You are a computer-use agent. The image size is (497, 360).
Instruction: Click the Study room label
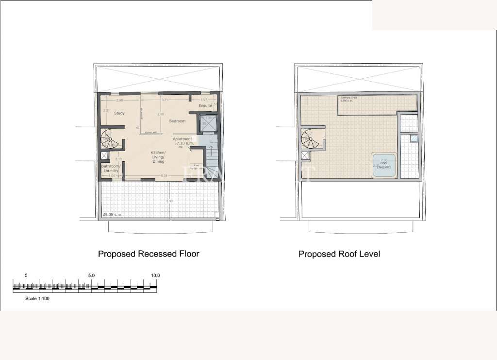click(119, 113)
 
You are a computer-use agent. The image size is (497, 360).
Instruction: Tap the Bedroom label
click(177, 120)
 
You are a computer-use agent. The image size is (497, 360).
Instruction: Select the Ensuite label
click(205, 105)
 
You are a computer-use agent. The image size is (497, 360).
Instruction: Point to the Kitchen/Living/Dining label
click(159, 157)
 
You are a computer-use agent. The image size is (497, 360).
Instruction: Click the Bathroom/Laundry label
click(111, 168)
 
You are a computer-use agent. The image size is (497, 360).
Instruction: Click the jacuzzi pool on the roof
click(384, 164)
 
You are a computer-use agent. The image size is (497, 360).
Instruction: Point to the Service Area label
click(348, 98)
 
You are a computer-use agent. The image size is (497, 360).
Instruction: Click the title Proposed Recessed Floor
click(149, 254)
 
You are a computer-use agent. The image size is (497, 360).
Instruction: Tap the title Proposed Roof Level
click(339, 254)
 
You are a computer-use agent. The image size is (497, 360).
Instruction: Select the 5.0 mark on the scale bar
click(91, 275)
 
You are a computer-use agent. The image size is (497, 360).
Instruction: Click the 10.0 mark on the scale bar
click(155, 275)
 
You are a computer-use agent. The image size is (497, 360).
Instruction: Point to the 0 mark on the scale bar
click(26, 275)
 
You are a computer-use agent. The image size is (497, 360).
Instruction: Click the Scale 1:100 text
click(37, 299)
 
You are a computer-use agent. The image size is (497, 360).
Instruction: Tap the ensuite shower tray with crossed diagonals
click(205, 124)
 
